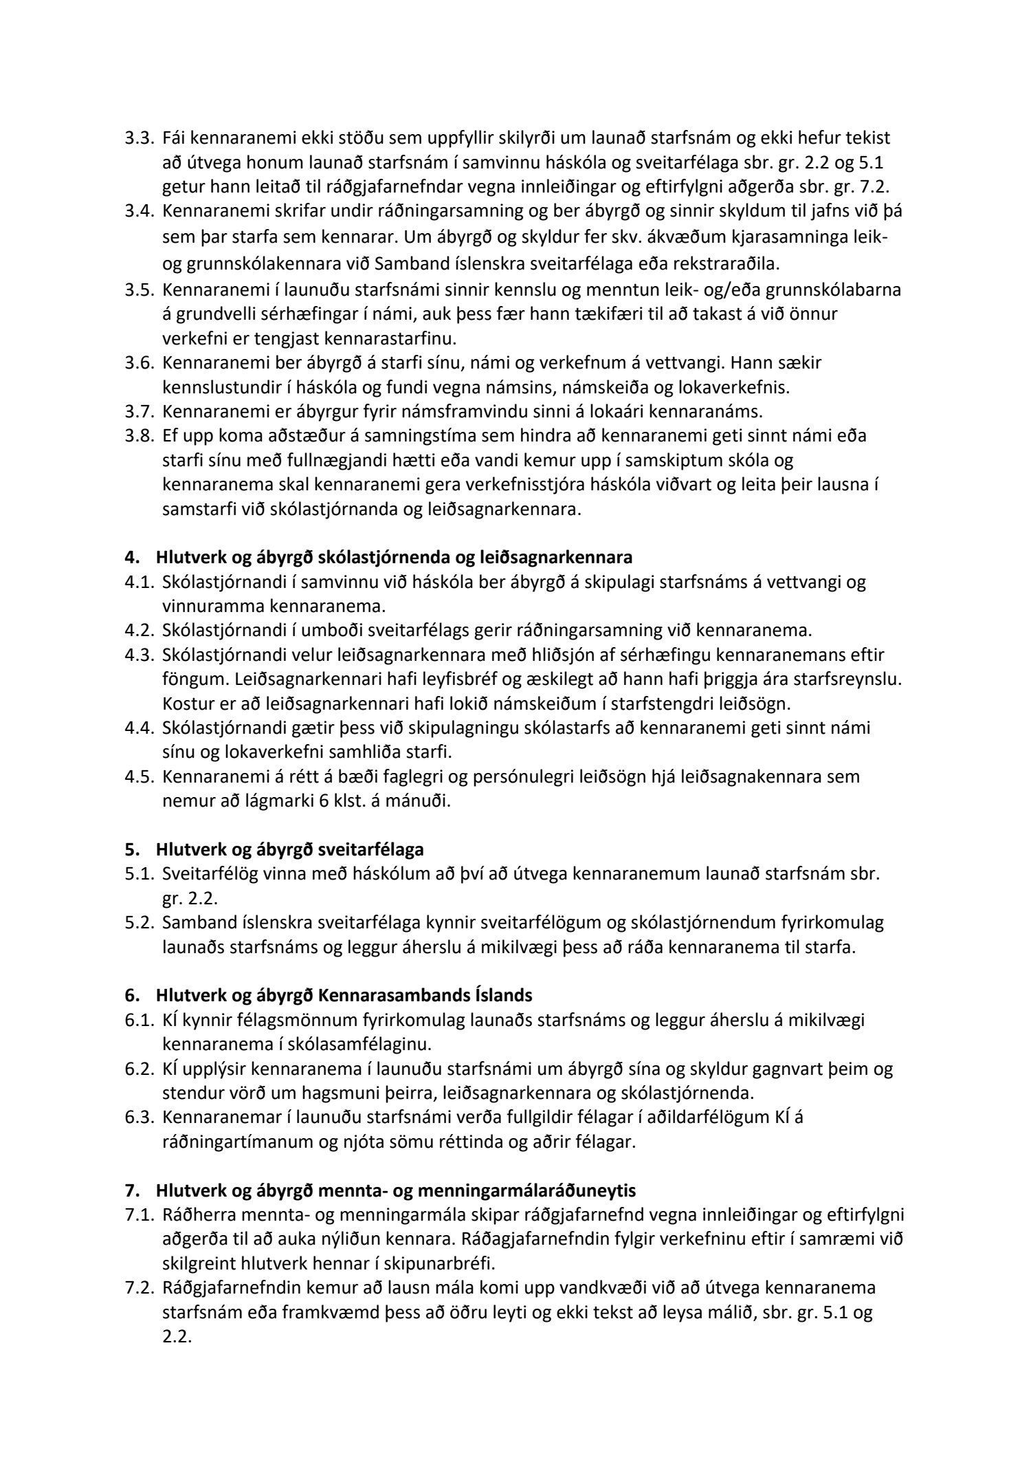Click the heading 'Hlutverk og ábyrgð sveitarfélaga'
[289, 849]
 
